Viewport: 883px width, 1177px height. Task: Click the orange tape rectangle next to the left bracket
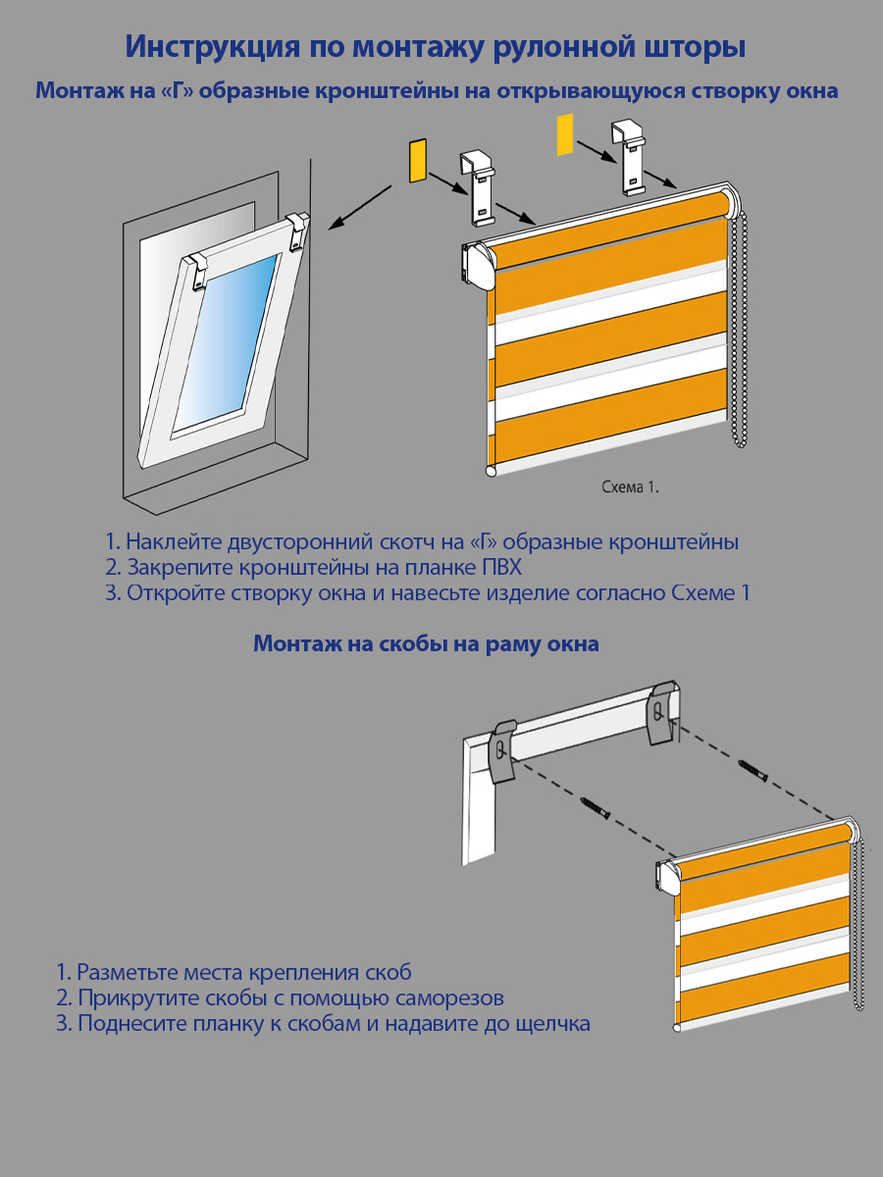tap(416, 161)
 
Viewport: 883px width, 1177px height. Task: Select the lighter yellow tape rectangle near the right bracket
tap(564, 134)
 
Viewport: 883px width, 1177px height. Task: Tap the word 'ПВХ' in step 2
tap(500, 567)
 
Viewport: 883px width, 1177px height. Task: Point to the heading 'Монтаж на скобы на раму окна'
tap(426, 644)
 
